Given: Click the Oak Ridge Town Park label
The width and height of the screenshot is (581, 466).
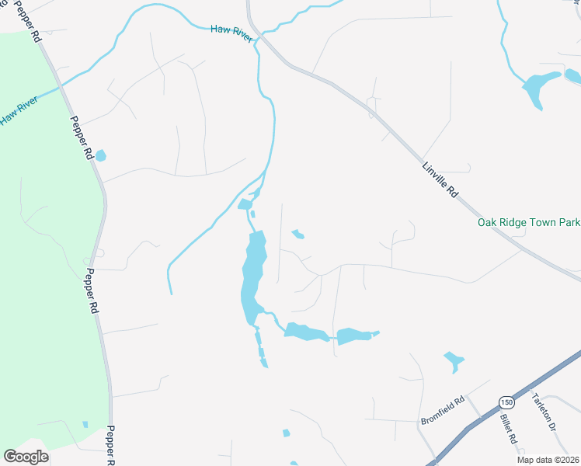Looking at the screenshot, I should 528,222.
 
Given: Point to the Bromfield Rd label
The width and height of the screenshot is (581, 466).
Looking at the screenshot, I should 442,410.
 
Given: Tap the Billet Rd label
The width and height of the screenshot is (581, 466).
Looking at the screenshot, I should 509,428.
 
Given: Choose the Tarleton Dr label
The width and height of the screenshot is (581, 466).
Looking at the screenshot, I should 544,412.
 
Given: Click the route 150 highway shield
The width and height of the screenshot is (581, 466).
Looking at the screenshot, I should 506,402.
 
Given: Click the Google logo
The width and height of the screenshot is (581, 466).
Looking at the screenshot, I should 26,457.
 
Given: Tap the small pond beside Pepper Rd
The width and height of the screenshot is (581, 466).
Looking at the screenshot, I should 100,155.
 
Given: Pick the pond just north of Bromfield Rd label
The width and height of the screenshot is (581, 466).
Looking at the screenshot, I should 453,360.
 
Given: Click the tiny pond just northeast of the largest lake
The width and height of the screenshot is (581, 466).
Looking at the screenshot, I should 297,234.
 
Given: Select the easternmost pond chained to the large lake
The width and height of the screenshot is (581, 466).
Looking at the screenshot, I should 355,336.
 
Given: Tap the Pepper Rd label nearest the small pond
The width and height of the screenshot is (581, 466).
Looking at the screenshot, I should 81,138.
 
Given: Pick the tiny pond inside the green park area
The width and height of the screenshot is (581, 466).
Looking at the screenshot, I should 85,424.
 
